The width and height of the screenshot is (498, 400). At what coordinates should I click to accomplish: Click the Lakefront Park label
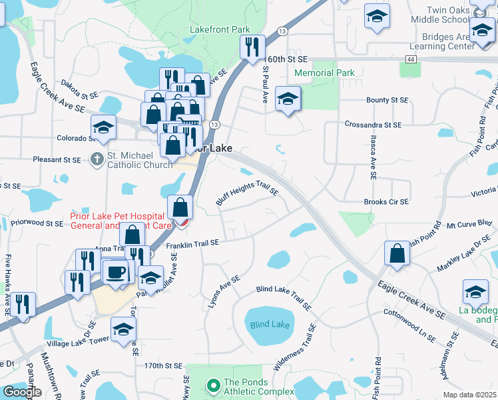pos(220,29)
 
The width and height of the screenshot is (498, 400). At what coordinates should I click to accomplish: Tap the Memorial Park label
pos(324,73)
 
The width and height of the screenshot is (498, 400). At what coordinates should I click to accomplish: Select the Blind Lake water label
pos(270,325)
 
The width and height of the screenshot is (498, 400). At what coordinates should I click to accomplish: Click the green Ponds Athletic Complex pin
pos(213,385)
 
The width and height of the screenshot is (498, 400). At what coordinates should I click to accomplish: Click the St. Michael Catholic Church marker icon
pos(97,159)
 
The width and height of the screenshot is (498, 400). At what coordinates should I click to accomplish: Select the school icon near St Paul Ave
pos(288,100)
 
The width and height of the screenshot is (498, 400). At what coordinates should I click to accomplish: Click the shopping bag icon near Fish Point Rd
pos(397,255)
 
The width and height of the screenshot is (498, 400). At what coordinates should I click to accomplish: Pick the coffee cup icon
pos(116,273)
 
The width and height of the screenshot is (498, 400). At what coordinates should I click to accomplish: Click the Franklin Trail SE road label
pos(192,245)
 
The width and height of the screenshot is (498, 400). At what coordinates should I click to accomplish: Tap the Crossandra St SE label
pos(373,125)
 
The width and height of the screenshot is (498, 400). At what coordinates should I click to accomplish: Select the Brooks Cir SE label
pos(386,201)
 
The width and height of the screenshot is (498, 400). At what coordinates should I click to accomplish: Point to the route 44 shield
pos(411,59)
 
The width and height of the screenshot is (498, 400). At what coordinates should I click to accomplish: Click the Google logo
pos(22,392)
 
